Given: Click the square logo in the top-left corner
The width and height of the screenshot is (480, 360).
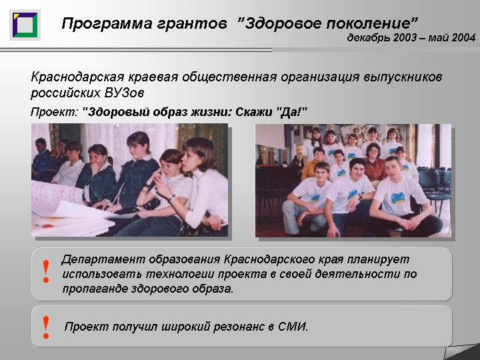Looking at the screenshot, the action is coord(25,25).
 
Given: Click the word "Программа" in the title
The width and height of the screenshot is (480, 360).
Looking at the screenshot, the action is coord(107,23).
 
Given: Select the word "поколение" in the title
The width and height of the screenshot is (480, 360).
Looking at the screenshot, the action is coord(368,23).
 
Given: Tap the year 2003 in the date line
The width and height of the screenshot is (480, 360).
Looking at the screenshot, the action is coord(405,37).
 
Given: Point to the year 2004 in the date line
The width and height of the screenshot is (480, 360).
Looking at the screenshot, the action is coord(463,37).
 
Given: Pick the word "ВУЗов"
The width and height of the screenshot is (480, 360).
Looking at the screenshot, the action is coord(124,93).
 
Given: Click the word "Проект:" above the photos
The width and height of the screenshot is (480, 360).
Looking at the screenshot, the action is coord(55,112).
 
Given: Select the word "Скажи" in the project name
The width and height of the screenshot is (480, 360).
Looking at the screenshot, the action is coord(254,112).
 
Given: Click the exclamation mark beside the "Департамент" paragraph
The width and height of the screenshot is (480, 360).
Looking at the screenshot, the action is coord(46,271).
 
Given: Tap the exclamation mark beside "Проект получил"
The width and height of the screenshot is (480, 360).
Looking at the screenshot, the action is coord(46,327).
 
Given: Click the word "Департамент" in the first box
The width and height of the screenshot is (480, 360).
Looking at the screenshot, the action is coord(103,259).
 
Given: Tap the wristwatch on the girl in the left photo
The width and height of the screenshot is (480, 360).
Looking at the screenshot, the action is coord(171,199).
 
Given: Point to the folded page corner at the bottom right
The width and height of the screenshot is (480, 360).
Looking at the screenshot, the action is coord(461,352).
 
